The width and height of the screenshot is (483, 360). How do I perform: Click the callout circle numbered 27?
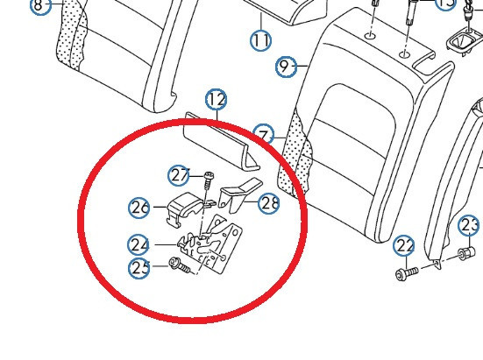pyautogui.click(x=181, y=176)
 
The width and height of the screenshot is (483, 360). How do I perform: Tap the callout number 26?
pyautogui.click(x=140, y=208)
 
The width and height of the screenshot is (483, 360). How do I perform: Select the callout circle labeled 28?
pyautogui.click(x=270, y=203)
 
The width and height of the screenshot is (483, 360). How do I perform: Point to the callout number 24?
pyautogui.click(x=139, y=245)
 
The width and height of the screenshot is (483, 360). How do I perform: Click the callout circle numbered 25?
pyautogui.click(x=140, y=268)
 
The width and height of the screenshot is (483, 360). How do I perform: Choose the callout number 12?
pyautogui.click(x=216, y=100)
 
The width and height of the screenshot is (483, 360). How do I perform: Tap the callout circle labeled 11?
pyautogui.click(x=260, y=39)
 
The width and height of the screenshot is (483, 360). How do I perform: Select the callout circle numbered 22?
pyautogui.click(x=404, y=244)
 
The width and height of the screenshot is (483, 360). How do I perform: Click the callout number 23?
pyautogui.click(x=469, y=225)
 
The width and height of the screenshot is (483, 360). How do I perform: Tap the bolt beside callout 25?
pyautogui.click(x=180, y=265)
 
